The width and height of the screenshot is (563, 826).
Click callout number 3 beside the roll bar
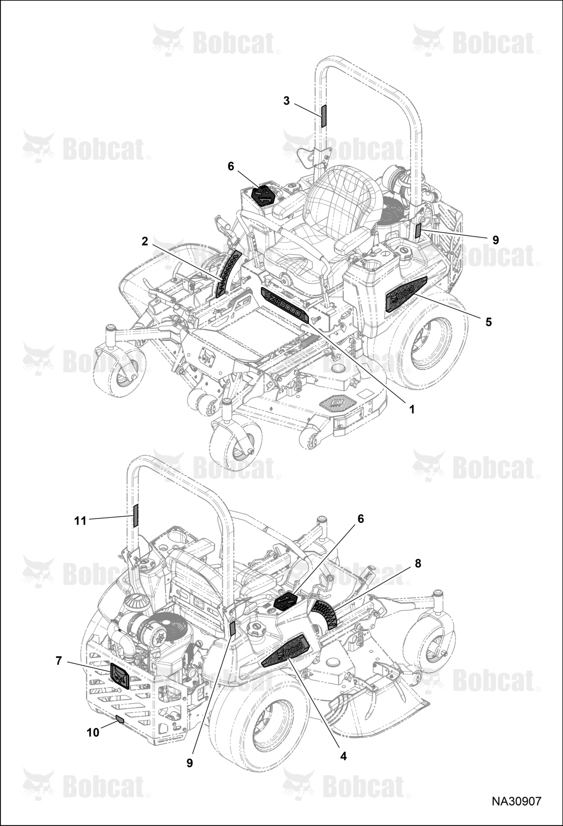point(287,101)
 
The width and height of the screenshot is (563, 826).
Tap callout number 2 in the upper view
point(145,241)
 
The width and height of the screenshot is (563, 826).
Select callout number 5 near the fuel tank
point(489,322)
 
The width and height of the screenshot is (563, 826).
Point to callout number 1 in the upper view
point(412,409)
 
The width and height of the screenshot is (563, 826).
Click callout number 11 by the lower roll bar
point(80,521)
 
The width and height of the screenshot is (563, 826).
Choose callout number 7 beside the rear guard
point(59,661)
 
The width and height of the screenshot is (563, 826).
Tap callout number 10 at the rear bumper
point(93,732)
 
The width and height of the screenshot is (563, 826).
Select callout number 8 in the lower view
point(418,563)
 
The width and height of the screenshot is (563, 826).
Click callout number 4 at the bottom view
point(343,756)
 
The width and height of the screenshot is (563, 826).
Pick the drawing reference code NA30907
point(516,801)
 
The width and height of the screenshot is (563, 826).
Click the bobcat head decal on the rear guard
point(120,675)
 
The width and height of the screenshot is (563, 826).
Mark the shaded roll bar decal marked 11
point(135,516)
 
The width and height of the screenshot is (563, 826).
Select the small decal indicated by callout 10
point(119,719)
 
